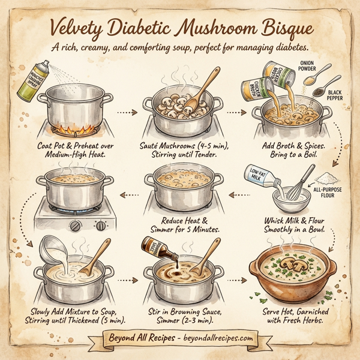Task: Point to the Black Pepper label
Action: click(338, 97)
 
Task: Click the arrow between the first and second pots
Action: click(124, 112)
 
